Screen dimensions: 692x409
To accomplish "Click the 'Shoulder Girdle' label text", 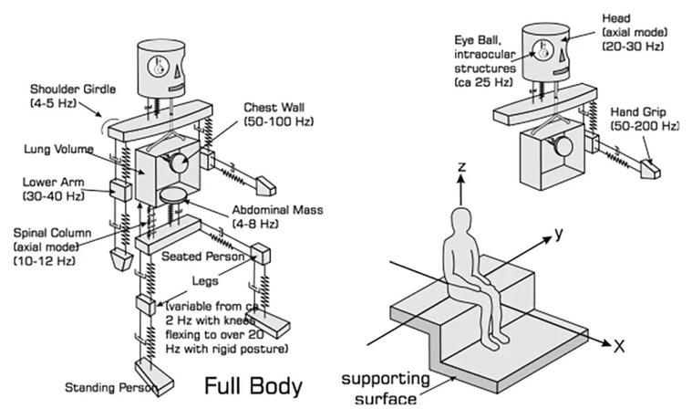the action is [x=73, y=89].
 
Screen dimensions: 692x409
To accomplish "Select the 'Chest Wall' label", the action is [x=274, y=108].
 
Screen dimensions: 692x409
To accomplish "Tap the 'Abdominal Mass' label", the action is [x=277, y=210].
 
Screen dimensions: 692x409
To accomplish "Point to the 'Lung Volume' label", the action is [x=58, y=150].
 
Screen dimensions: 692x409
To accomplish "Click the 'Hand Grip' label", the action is [x=638, y=111].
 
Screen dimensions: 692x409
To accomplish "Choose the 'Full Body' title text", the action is [x=253, y=386].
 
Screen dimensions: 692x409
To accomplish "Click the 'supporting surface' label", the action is [x=386, y=389].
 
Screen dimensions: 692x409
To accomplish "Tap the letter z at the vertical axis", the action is [x=462, y=167].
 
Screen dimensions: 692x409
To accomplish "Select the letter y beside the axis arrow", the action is [x=559, y=233].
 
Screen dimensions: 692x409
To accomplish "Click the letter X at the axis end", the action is [x=619, y=346].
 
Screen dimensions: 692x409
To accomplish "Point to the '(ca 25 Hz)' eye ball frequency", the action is [x=484, y=82].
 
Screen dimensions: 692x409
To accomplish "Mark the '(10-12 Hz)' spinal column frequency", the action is [x=45, y=260].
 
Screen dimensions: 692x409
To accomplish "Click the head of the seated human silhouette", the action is [x=460, y=220].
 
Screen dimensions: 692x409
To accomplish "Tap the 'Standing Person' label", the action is [x=110, y=388].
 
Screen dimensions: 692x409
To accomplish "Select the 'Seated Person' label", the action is [x=202, y=257].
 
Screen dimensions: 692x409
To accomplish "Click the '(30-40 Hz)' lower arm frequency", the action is [x=54, y=195].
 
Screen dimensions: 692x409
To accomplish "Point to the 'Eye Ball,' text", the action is [x=478, y=40].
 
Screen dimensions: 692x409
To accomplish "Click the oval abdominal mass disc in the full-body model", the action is [x=172, y=194].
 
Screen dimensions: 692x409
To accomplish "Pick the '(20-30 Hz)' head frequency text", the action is [x=633, y=46].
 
